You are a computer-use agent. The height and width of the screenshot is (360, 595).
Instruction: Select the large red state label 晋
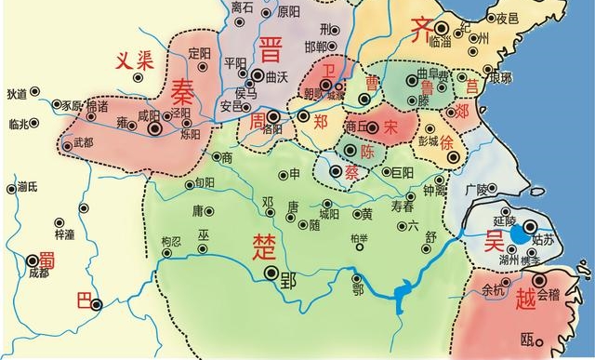pos(272,48)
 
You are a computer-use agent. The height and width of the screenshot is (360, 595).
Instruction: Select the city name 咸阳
pos(150,115)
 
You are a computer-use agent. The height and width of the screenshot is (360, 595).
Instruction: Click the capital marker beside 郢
pos(271,273)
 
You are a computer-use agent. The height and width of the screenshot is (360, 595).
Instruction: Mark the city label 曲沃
pos(277,74)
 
